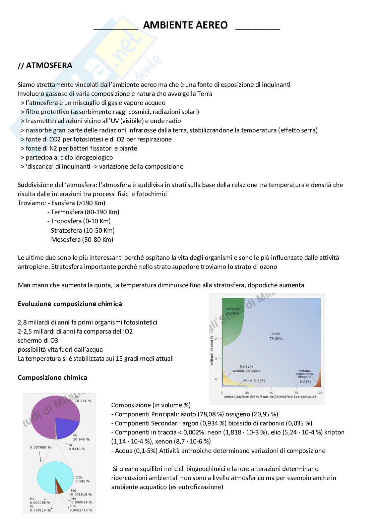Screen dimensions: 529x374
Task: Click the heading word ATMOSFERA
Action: coord(49,65)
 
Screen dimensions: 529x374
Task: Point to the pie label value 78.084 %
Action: coord(83,401)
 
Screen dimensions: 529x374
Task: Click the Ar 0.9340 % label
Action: coord(77,447)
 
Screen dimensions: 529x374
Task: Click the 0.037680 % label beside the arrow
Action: coord(41,447)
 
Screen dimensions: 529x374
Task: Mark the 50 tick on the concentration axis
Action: coord(271,393)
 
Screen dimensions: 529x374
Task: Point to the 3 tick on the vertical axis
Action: coord(216,359)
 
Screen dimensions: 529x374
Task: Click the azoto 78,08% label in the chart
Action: coord(276,336)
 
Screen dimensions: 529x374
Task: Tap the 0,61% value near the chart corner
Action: coord(305,381)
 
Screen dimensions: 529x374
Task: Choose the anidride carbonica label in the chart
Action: coord(246,371)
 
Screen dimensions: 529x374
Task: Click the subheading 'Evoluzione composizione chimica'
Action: coord(70,304)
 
